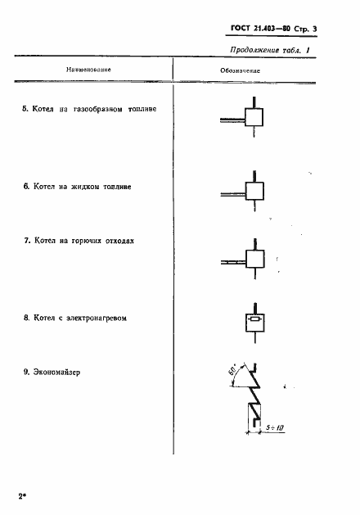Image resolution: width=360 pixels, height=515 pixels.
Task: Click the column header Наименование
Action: [88, 70]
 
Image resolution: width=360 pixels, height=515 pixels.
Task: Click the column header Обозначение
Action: [241, 71]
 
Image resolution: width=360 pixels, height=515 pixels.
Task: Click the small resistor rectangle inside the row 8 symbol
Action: [254, 319]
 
